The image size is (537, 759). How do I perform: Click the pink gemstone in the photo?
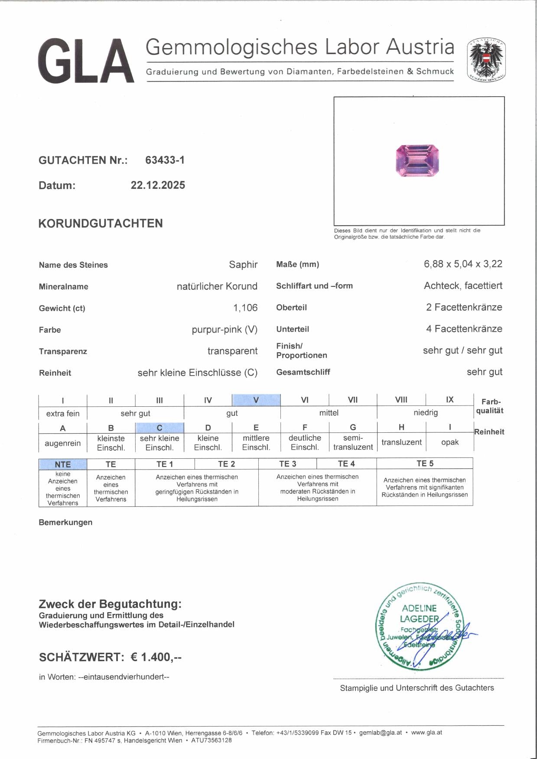tap(417, 161)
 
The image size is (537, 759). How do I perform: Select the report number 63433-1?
tap(165, 160)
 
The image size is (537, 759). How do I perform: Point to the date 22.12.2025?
tap(158, 185)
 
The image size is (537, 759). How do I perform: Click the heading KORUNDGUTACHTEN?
tap(101, 224)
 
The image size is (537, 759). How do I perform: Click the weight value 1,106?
tap(245, 308)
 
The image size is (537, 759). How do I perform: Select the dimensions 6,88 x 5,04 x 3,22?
tap(463, 264)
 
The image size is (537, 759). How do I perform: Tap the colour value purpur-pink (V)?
tap(225, 329)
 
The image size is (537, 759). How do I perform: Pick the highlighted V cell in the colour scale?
tap(256, 399)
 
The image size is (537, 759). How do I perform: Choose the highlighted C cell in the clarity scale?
tap(159, 428)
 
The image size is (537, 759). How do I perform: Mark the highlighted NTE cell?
tap(63, 464)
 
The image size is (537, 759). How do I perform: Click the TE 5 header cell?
tap(425, 464)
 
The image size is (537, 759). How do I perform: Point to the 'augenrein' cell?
tap(63, 443)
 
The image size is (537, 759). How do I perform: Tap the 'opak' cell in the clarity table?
tap(449, 442)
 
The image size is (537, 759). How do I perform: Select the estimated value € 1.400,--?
tap(156, 657)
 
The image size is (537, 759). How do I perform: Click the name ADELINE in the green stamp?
tap(419, 608)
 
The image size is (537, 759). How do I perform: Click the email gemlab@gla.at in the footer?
tap(380, 733)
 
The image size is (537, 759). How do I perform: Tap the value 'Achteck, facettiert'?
tap(463, 285)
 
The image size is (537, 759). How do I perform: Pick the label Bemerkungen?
tap(65, 522)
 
